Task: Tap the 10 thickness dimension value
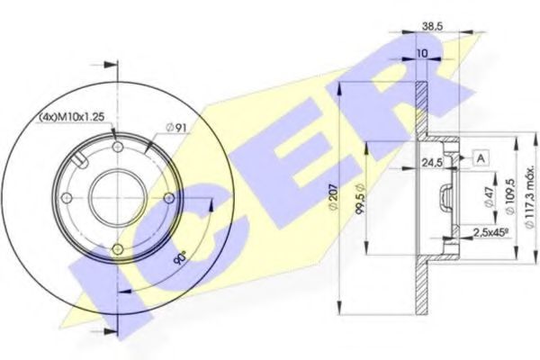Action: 421,54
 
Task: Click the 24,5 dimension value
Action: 432,163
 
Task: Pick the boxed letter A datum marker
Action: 481,158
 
